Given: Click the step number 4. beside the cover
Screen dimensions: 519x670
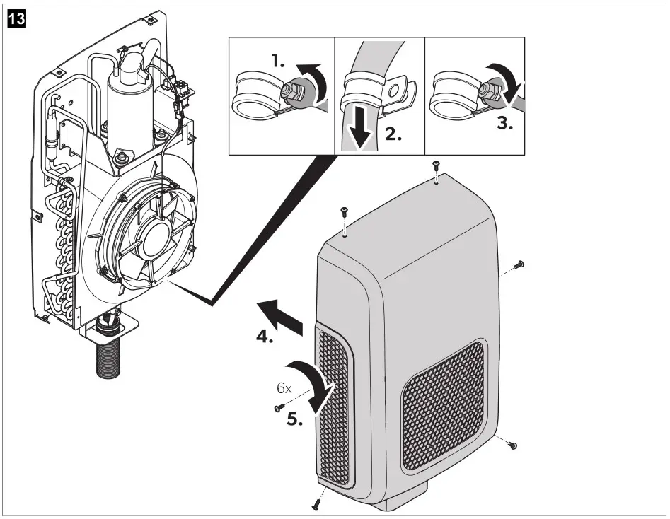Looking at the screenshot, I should point(264,338).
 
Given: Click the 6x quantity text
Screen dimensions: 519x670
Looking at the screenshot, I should point(284,389).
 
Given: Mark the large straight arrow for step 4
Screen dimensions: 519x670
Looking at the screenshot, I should point(280,313).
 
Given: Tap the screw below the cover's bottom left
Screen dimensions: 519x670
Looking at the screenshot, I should point(315,503).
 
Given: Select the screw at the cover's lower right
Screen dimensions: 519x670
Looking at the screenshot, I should point(513,445).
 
